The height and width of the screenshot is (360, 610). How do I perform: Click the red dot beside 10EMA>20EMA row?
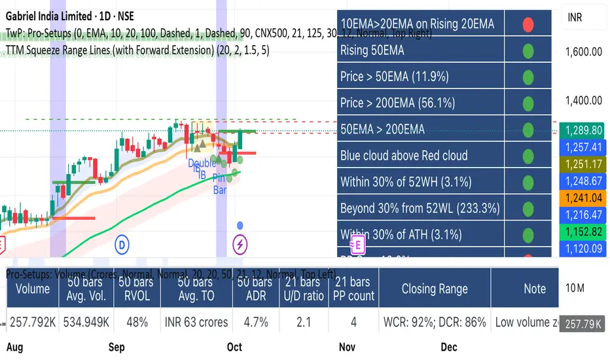(x=528, y=24)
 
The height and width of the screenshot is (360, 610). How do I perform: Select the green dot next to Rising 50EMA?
(x=528, y=50)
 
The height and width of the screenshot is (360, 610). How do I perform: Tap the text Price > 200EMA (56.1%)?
(x=397, y=103)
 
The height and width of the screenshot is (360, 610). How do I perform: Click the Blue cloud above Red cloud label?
(x=404, y=156)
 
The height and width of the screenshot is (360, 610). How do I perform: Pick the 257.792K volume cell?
(x=33, y=322)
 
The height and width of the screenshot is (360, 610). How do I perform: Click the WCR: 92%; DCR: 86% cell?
(x=435, y=322)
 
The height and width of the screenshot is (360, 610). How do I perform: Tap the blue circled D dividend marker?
(x=122, y=245)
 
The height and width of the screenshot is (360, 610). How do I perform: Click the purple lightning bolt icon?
(x=240, y=245)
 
